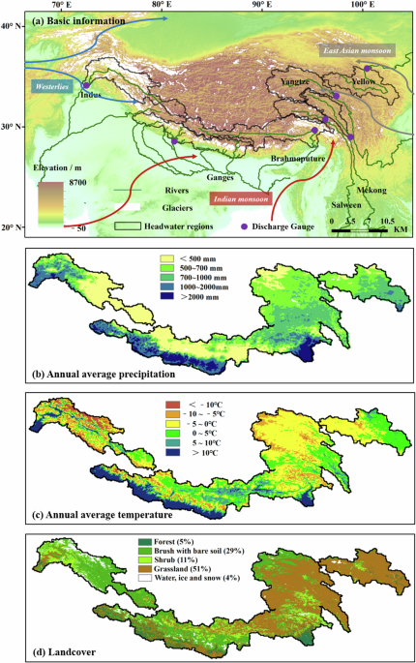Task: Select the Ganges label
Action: tap(221, 177)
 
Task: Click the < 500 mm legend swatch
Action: tap(166, 259)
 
